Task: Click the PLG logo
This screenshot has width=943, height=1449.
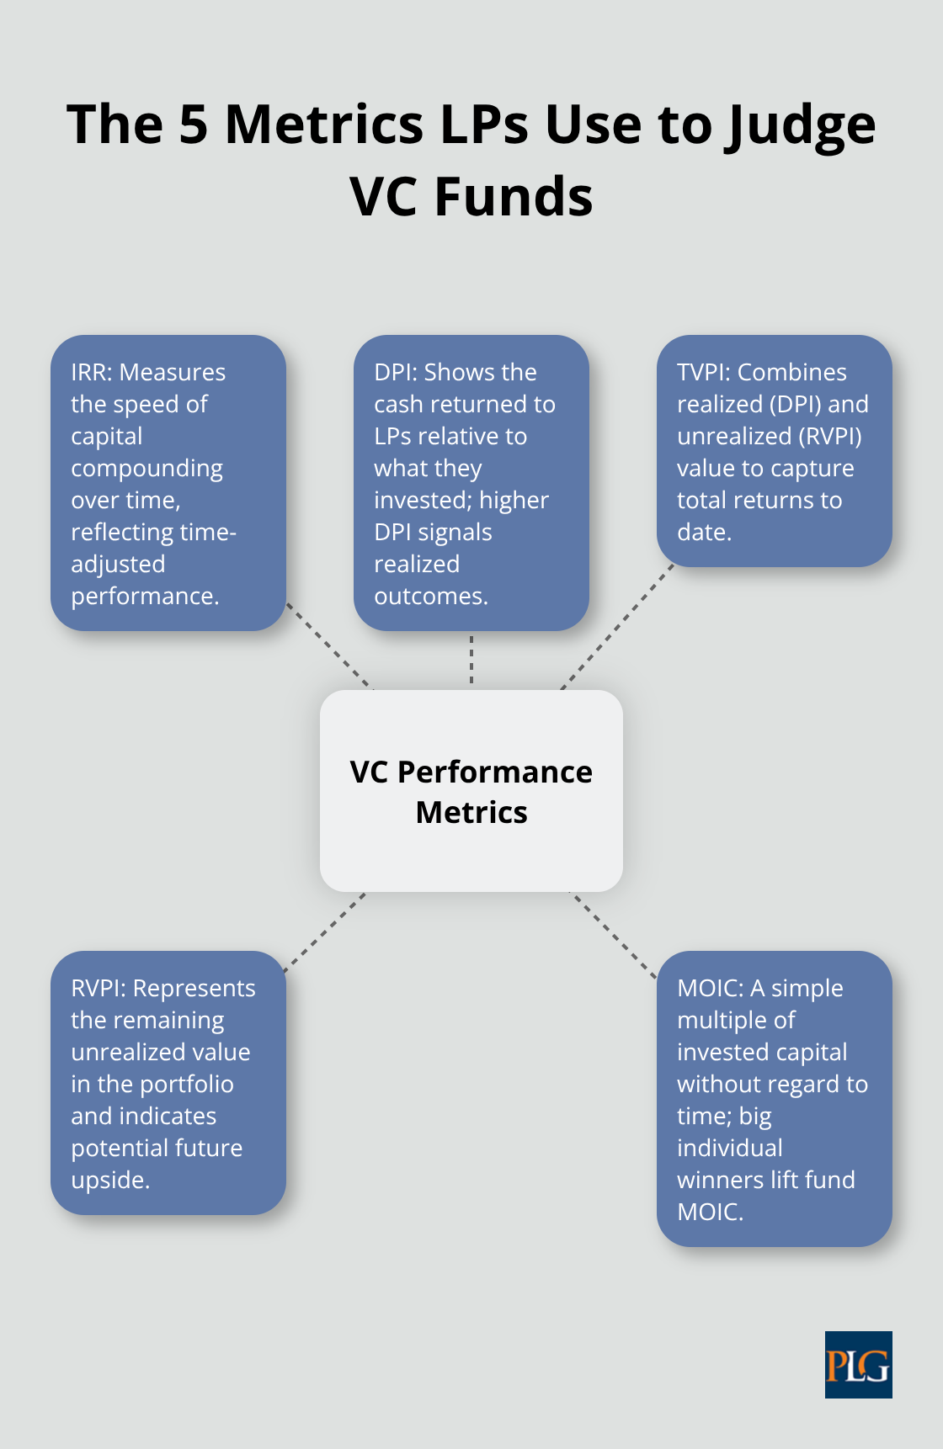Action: tap(858, 1364)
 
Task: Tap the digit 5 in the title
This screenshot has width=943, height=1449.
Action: tap(193, 125)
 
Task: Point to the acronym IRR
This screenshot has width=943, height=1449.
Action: tap(90, 372)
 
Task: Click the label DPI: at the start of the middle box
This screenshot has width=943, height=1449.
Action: tap(395, 372)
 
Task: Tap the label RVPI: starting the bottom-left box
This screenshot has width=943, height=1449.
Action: tap(98, 988)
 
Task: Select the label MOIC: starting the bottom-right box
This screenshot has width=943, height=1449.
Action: tap(710, 988)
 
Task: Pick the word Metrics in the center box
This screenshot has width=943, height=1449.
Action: tap(471, 812)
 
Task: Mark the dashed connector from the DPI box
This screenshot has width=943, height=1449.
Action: tap(471, 660)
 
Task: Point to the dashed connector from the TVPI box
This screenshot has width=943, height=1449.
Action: tap(617, 627)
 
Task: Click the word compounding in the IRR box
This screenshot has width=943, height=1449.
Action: tap(147, 468)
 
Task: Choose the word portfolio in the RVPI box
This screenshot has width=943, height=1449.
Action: tap(187, 1084)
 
